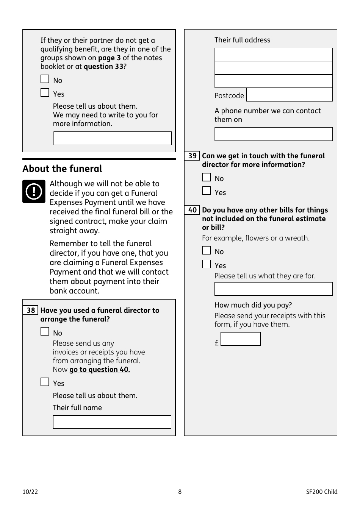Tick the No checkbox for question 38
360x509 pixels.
click(45, 332)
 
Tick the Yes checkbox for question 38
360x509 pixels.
click(45, 382)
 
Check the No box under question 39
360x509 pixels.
click(206, 177)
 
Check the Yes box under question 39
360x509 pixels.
click(206, 191)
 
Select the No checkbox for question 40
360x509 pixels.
click(206, 250)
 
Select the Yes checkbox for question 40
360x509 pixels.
click(206, 264)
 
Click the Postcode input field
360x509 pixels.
click(289, 95)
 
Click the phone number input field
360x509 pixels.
click(273, 134)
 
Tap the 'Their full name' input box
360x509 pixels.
click(112, 422)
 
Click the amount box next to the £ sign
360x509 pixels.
click(240, 339)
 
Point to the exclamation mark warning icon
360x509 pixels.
click(34, 191)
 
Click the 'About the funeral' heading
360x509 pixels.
click(62, 169)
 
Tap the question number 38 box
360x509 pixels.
click(30, 311)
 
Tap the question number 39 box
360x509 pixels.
click(192, 156)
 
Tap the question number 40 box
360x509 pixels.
click(192, 210)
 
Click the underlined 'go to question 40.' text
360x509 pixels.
click(99, 370)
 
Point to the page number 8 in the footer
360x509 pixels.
click(180, 492)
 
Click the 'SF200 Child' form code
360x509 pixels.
click(321, 492)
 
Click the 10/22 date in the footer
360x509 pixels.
click(30, 492)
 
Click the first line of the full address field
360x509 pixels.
click(273, 55)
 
